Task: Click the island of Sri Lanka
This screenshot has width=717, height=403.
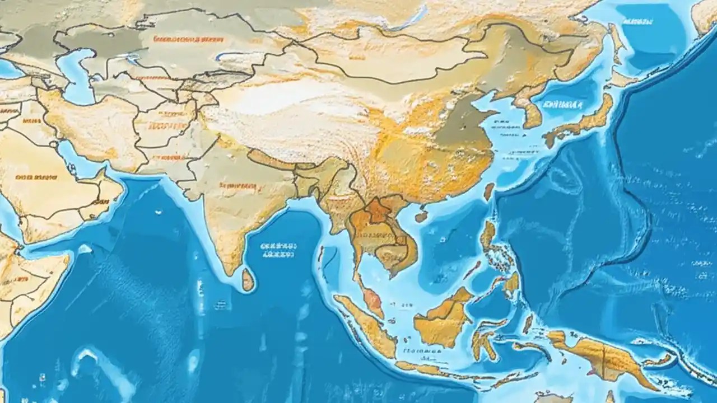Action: (x=248, y=279)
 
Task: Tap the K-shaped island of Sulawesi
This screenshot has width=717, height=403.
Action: (x=483, y=339)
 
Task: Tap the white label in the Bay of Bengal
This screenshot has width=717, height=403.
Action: (x=278, y=249)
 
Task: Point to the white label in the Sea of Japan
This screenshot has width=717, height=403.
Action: (x=561, y=104)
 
